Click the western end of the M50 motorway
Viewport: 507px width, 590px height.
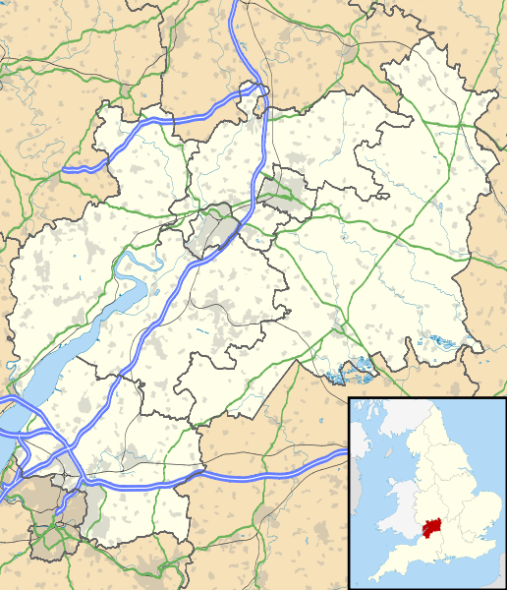66,169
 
